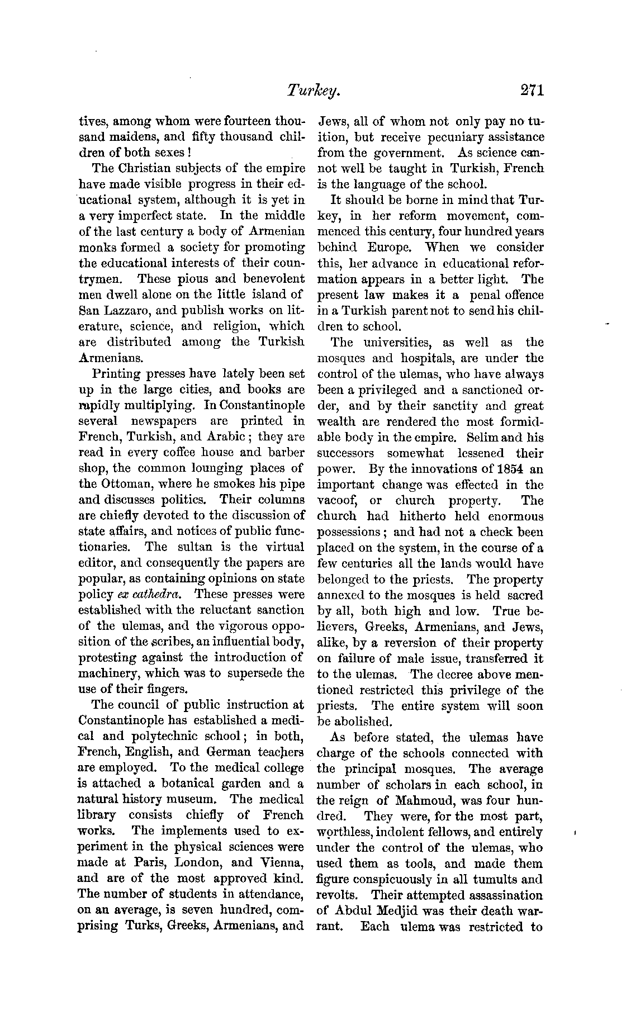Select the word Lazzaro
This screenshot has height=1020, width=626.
coord(129,311)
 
